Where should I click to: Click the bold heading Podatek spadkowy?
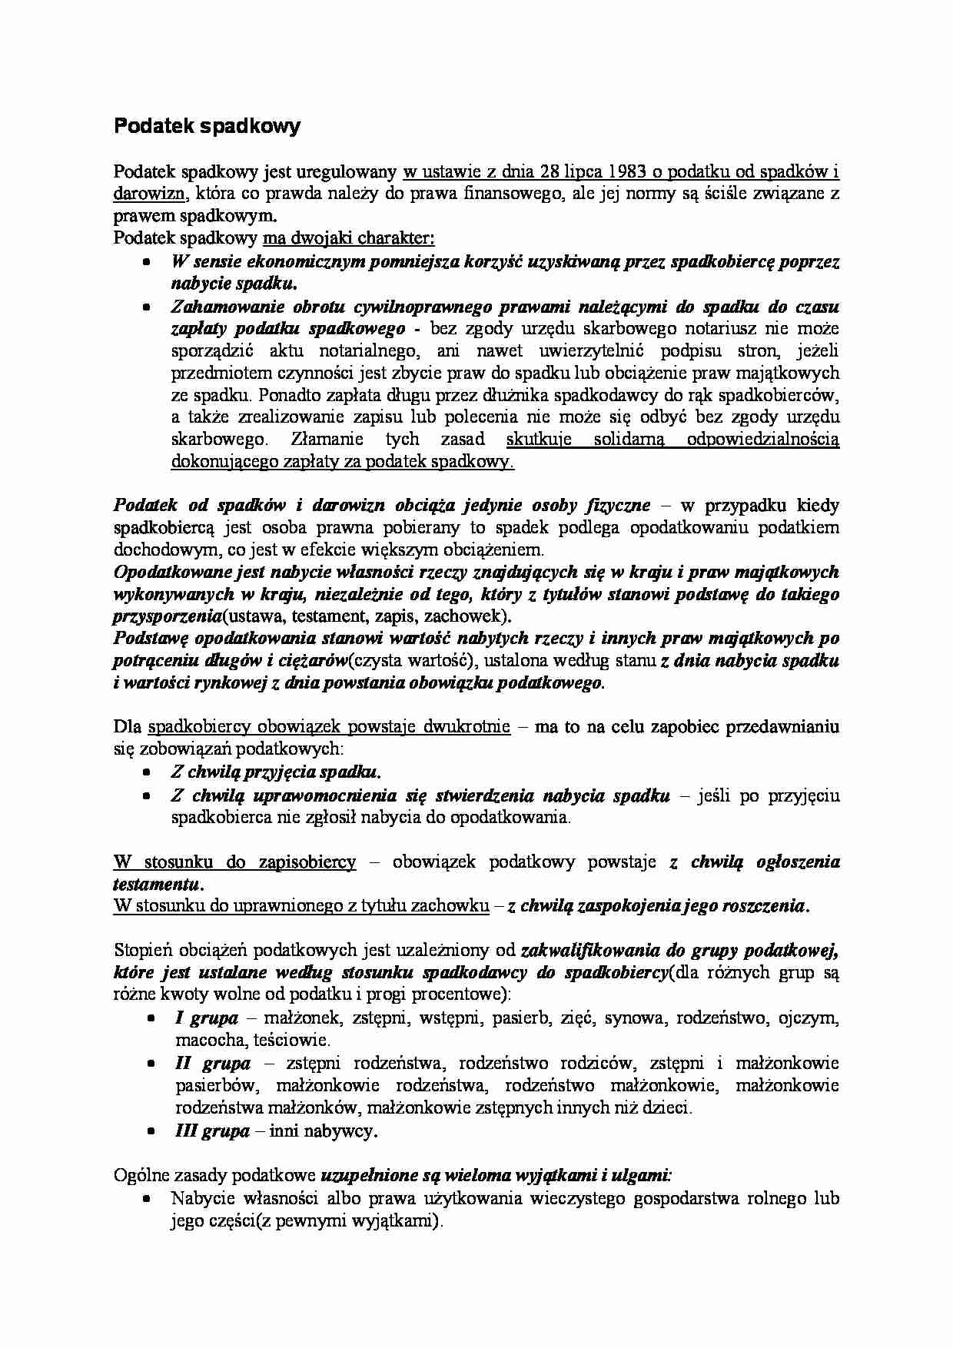[x=207, y=127]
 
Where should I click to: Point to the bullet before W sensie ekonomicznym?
[x=146, y=261]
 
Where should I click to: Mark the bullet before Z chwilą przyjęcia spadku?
[x=146, y=772]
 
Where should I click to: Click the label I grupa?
[x=206, y=1018]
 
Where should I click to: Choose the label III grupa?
[x=212, y=1131]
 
